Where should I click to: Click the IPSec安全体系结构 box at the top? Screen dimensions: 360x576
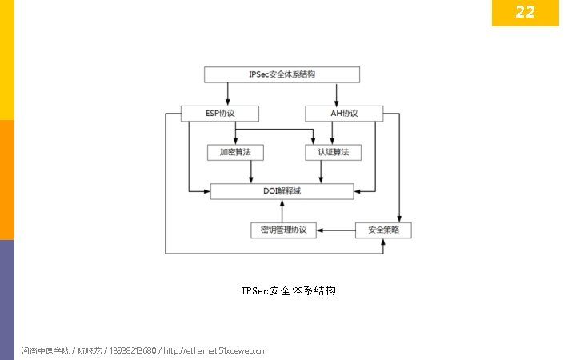pyautogui.click(x=282, y=74)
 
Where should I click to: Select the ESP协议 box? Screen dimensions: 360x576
pyautogui.click(x=209, y=114)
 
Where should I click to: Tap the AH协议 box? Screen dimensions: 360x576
pyautogui.click(x=344, y=114)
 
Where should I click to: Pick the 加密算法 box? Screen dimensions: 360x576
pyautogui.click(x=235, y=152)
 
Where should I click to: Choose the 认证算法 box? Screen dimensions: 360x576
pyautogui.click(x=334, y=152)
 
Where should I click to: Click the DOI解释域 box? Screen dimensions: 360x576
pyautogui.click(x=282, y=191)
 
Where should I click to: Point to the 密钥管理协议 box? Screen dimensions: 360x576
pyautogui.click(x=283, y=230)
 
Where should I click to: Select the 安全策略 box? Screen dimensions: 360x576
pyautogui.click(x=383, y=230)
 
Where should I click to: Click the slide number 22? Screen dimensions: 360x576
pyautogui.click(x=525, y=12)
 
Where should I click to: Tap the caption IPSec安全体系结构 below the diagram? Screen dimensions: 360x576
pyautogui.click(x=289, y=290)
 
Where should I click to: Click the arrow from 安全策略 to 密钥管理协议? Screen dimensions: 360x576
pyautogui.click(x=336, y=230)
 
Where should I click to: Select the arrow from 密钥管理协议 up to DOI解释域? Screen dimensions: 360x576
pyautogui.click(x=282, y=210)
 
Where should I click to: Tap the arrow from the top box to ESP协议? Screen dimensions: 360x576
pyautogui.click(x=228, y=94)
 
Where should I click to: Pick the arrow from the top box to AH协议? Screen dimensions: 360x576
pyautogui.click(x=336, y=94)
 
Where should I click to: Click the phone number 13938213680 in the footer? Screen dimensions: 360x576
pyautogui.click(x=132, y=350)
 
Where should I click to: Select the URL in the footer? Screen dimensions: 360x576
pyautogui.click(x=214, y=350)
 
